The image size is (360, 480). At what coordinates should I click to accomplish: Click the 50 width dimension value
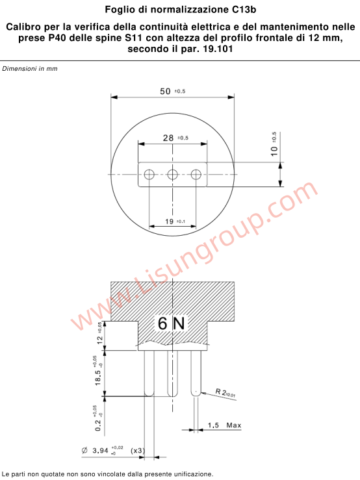point(165,91)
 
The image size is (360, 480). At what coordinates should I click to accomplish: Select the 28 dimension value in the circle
point(168,138)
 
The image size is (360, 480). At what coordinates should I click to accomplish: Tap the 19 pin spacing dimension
point(169,221)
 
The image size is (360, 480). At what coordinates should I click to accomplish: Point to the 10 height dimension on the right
point(274,150)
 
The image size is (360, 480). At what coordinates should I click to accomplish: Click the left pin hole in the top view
point(149,174)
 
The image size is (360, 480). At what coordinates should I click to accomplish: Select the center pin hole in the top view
point(173,174)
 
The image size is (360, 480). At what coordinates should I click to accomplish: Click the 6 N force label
point(172,322)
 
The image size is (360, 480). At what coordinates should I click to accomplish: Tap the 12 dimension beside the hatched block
point(99,336)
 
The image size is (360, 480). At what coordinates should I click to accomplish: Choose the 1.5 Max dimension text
point(224,425)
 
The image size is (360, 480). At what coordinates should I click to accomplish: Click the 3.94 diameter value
point(100,450)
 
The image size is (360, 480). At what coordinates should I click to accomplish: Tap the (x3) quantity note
point(137,450)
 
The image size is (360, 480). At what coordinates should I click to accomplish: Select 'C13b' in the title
point(244,10)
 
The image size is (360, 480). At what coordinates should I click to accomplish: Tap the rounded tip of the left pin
point(149,393)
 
